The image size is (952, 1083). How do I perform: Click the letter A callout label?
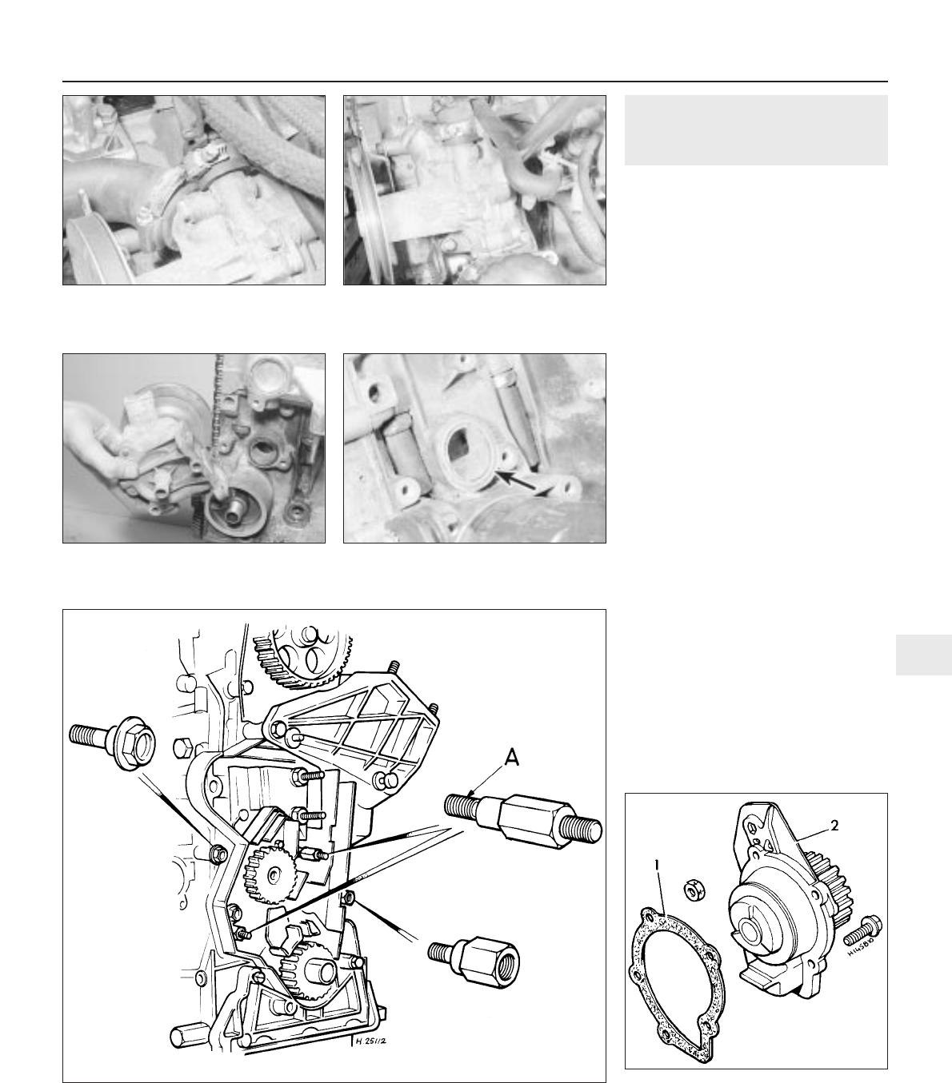click(512, 758)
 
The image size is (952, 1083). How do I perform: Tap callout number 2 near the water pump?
click(834, 826)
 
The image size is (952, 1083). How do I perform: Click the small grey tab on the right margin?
click(924, 655)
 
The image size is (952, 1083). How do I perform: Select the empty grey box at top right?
click(756, 130)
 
